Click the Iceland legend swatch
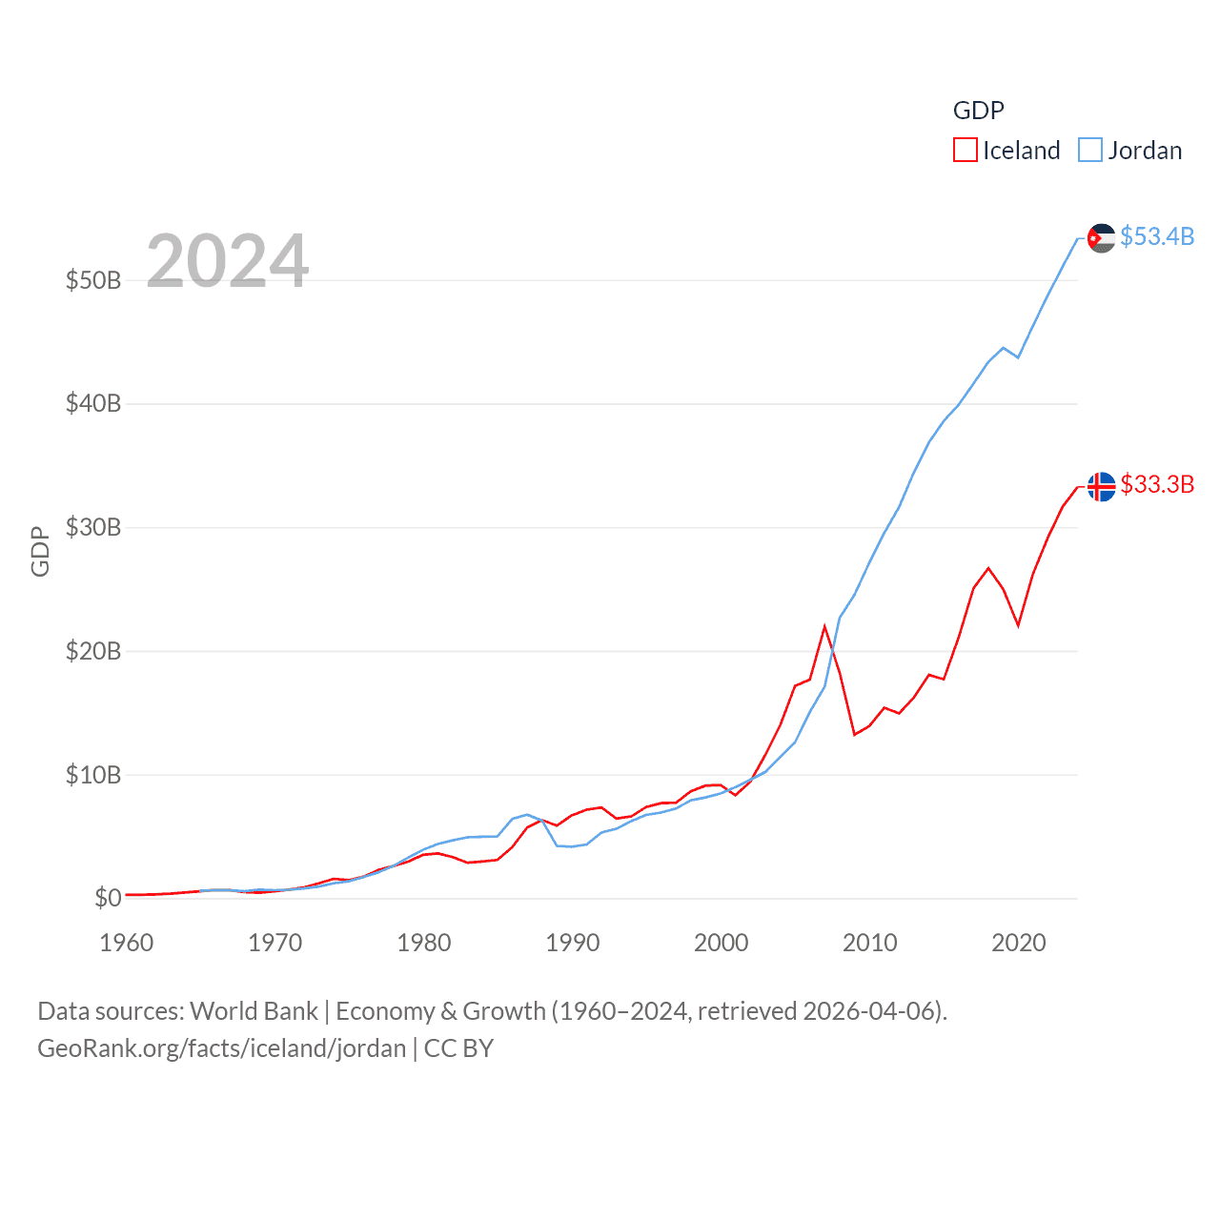pos(965,151)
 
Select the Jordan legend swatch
pos(1090,151)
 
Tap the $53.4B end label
pos(1157,236)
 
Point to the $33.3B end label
pos(1157,484)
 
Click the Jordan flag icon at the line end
pos(1101,238)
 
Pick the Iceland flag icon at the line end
pos(1101,486)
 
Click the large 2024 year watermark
pos(228,260)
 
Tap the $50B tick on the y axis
pos(93,280)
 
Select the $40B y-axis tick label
pos(93,403)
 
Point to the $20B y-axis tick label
pos(93,651)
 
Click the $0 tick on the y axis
pos(108,898)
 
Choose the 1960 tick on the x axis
pos(127,943)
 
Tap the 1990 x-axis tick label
pos(573,943)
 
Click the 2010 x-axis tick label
pos(870,943)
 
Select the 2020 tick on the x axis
pos(1019,943)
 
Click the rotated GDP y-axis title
pos(40,551)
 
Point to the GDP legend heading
pos(979,111)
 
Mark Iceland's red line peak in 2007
pos(824,626)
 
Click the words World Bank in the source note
pos(254,1011)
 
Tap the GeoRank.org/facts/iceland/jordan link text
pos(222,1048)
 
